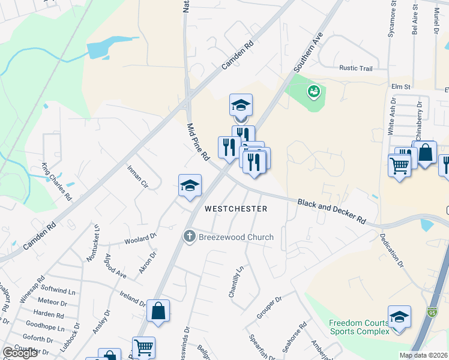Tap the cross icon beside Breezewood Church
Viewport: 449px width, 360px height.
pyautogui.click(x=190, y=236)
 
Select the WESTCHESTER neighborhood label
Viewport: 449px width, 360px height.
pyautogui.click(x=235, y=209)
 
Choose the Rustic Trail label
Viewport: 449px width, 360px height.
pyautogui.click(x=356, y=68)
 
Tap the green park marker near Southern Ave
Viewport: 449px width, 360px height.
pyautogui.click(x=313, y=92)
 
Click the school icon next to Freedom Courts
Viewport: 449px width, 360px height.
pyautogui.click(x=399, y=316)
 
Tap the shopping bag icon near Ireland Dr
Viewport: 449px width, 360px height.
pyautogui.click(x=158, y=311)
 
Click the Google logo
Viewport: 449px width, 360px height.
pyautogui.click(x=20, y=353)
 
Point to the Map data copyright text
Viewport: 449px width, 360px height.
pyautogui.click(x=424, y=355)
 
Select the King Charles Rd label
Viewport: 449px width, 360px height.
pyautogui.click(x=56, y=181)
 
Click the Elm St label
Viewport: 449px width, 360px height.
pyautogui.click(x=400, y=86)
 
